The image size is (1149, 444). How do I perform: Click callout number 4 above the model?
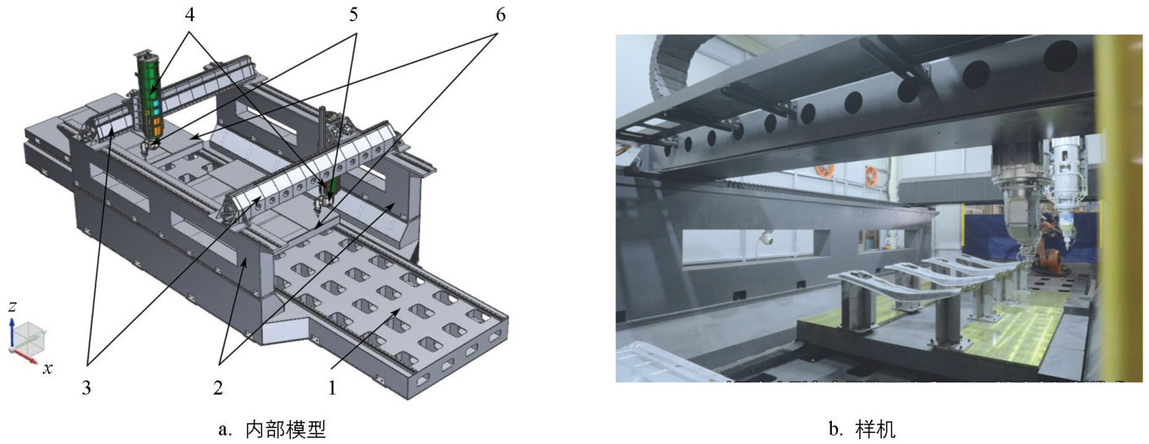[x=189, y=15]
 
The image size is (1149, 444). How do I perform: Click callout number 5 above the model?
[x=353, y=15]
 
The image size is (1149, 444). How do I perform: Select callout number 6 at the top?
[x=501, y=15]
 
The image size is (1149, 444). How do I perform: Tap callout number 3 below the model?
[x=86, y=388]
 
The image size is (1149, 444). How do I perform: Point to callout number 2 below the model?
[x=218, y=388]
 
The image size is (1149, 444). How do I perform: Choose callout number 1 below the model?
[x=332, y=388]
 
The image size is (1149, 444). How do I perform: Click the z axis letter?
[x=13, y=307]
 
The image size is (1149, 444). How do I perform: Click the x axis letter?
[x=47, y=368]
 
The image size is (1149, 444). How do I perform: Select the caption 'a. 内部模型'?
[x=272, y=429]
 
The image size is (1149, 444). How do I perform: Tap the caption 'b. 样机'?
[x=862, y=429]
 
